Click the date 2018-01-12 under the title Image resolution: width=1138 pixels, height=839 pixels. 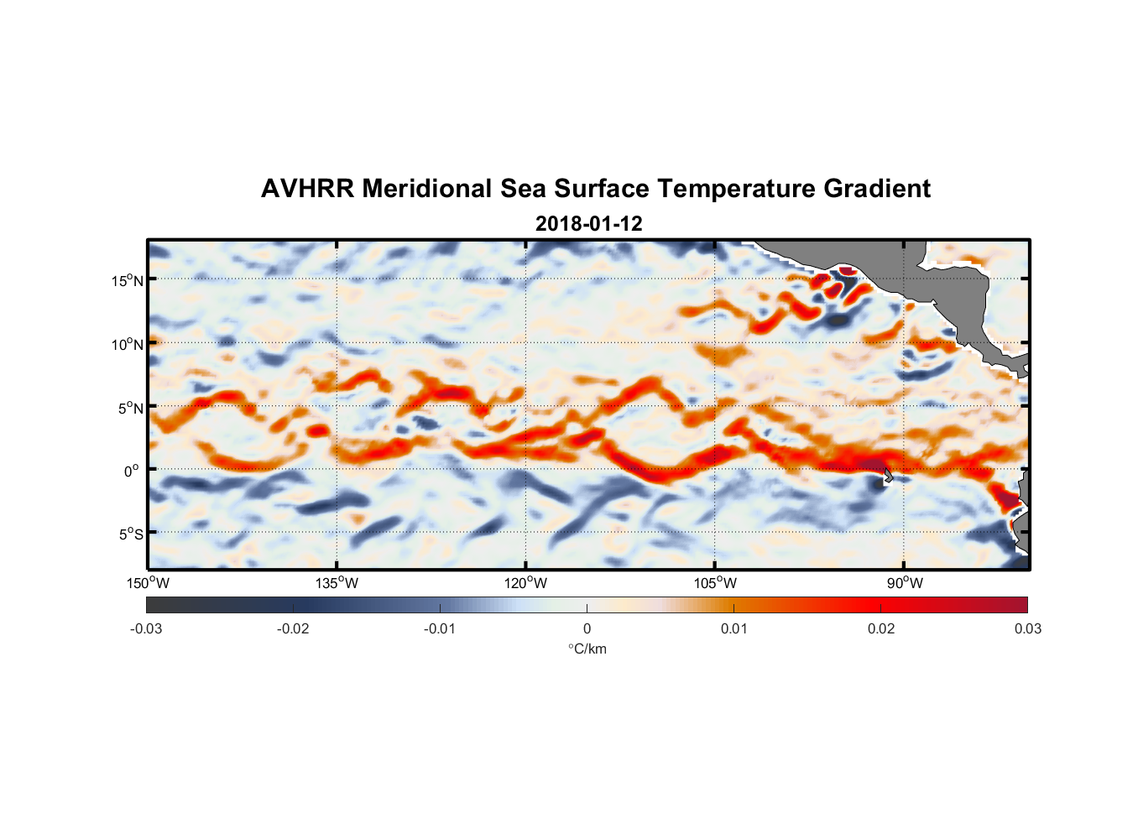pyautogui.click(x=588, y=224)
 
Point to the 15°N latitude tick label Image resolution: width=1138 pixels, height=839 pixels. pyautogui.click(x=127, y=280)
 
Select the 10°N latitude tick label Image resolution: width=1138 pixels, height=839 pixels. pyautogui.click(x=127, y=344)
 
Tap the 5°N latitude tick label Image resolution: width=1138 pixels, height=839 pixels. pyautogui.click(x=130, y=408)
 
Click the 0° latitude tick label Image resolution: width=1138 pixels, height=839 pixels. pyautogui.click(x=132, y=471)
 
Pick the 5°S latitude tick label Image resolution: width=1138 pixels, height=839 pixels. pyautogui.click(x=130, y=534)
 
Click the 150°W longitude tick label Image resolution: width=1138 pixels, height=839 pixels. pyautogui.click(x=148, y=583)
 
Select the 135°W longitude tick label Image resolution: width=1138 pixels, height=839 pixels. pyautogui.click(x=337, y=583)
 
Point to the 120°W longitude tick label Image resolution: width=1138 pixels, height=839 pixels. pyautogui.click(x=526, y=583)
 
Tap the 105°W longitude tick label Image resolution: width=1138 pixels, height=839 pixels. pyautogui.click(x=715, y=583)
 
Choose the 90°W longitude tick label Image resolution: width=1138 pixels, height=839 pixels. pyautogui.click(x=904, y=583)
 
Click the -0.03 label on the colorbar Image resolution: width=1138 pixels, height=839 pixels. pyautogui.click(x=146, y=628)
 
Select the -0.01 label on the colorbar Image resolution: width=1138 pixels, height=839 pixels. pyautogui.click(x=440, y=628)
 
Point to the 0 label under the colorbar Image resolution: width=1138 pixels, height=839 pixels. pyautogui.click(x=587, y=628)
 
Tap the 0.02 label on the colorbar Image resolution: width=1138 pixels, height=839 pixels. pyautogui.click(x=880, y=628)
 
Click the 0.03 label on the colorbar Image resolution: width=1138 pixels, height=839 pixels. pyautogui.click(x=1027, y=628)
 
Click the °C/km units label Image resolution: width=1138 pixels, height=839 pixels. pyautogui.click(x=587, y=649)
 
